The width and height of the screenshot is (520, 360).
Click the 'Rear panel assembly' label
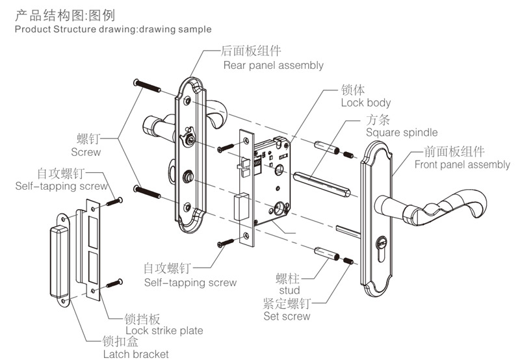pos(273,65)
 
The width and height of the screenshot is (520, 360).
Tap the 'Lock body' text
pos(365,103)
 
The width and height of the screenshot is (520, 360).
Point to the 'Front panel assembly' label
pos(462,164)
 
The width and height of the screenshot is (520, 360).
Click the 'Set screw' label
pos(287,316)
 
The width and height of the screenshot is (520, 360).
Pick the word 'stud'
pos(289,290)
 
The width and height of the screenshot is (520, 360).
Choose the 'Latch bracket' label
pos(136,354)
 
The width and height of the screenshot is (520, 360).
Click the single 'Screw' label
pos(86,152)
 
